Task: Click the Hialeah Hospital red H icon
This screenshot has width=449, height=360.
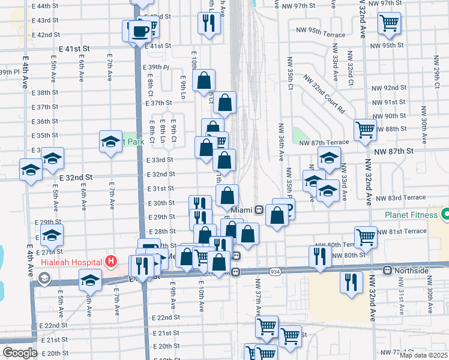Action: click(x=110, y=261)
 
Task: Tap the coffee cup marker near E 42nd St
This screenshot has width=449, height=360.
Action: click(x=140, y=31)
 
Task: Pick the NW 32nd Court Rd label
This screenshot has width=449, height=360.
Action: click(x=325, y=95)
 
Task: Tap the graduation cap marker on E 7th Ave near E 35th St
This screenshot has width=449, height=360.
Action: click(x=110, y=142)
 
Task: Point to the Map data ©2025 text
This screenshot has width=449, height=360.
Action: click(x=424, y=355)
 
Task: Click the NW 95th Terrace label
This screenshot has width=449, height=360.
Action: click(x=318, y=30)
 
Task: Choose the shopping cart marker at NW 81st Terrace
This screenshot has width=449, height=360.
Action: click(x=366, y=236)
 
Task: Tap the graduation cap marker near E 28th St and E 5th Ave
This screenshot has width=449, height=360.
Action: click(x=52, y=235)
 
